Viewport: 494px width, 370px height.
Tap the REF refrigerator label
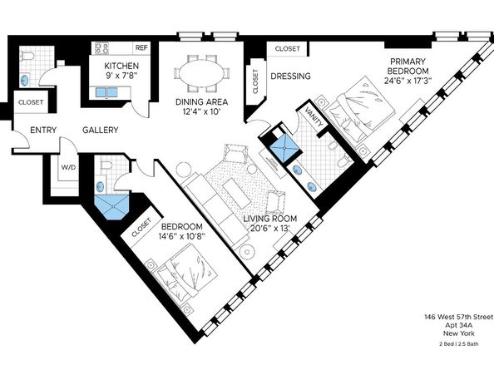click(141, 48)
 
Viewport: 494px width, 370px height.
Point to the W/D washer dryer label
click(67, 167)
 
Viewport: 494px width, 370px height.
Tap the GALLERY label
click(99, 131)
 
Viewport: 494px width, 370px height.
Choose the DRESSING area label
click(290, 76)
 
